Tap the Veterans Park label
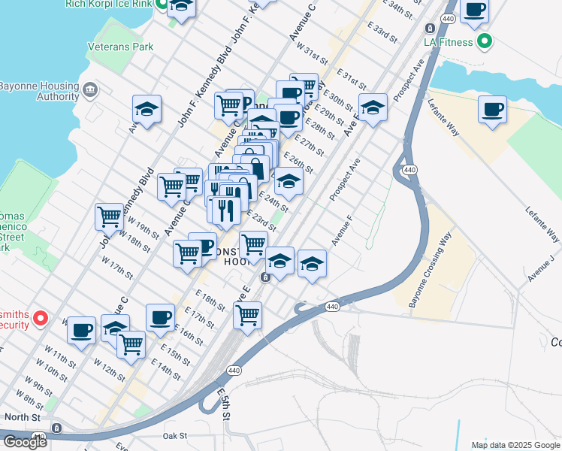tap(121, 47)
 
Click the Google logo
tap(25, 442)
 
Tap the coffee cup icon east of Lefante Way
tap(492, 110)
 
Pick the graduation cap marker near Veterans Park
tap(147, 109)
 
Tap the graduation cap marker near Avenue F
tap(312, 264)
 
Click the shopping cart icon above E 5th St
tap(247, 314)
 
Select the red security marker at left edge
tap(42, 319)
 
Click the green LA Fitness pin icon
tap(485, 41)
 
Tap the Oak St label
tap(174, 435)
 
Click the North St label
tap(20, 416)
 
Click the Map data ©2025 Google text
tap(515, 445)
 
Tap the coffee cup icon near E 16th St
tap(159, 317)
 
